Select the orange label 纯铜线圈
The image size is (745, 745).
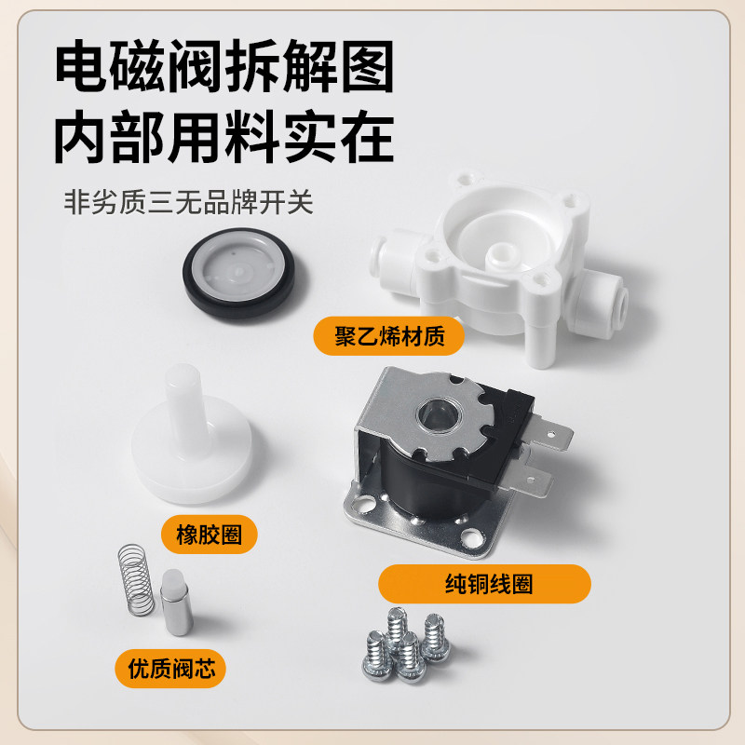coord(484,584)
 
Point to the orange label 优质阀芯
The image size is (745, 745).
coord(171,666)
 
